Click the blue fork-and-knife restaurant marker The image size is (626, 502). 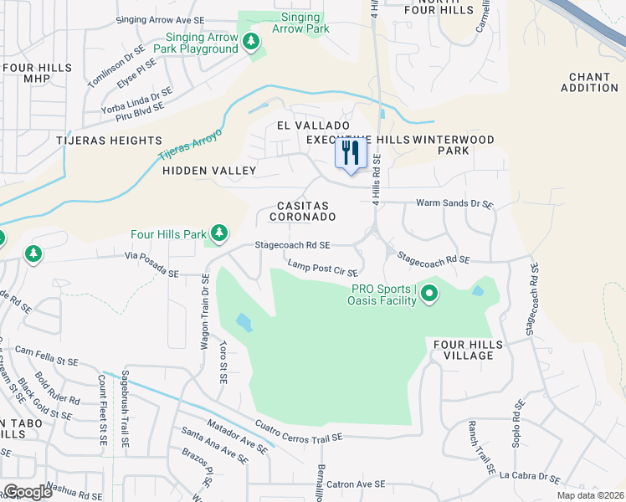tap(351, 153)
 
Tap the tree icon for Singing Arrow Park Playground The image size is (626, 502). tap(249, 42)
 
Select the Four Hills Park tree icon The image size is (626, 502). tap(219, 232)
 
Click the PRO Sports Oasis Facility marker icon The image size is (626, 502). tap(429, 294)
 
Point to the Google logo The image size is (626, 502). tap(28, 492)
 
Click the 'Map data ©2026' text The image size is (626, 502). tap(589, 495)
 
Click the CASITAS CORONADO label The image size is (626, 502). tap(302, 211)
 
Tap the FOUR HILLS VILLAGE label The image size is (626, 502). tap(468, 350)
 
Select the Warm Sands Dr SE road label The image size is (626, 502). tap(454, 203)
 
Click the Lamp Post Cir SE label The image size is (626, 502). tap(322, 269)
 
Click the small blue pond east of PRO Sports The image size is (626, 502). tap(477, 291)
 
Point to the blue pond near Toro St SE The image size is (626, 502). tap(243, 321)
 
